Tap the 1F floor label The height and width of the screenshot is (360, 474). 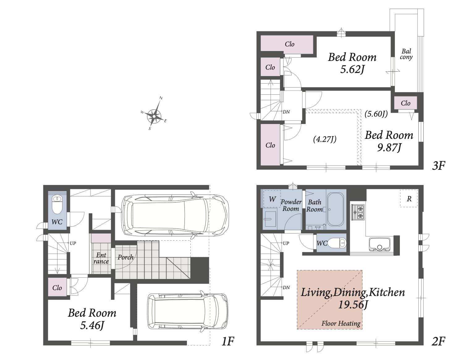pos(228,341)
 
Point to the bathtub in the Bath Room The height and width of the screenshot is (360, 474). pos(335,209)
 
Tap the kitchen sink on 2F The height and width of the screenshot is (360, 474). pos(380,244)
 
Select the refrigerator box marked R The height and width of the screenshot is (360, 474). pos(409,198)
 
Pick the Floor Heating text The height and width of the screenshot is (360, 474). pos(341,323)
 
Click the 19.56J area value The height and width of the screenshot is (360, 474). pos(353,305)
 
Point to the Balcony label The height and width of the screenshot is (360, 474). pos(406,54)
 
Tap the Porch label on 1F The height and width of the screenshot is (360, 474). pos(125,257)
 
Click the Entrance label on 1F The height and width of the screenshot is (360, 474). pos(101,258)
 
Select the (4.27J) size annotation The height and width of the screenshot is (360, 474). pos(324,139)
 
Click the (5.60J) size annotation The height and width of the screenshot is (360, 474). pos(376,114)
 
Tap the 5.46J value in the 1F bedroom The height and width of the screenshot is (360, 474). pos(92,325)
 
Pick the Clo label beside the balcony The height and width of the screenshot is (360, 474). pos(405,103)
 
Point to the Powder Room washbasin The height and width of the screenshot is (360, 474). pos(270,219)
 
